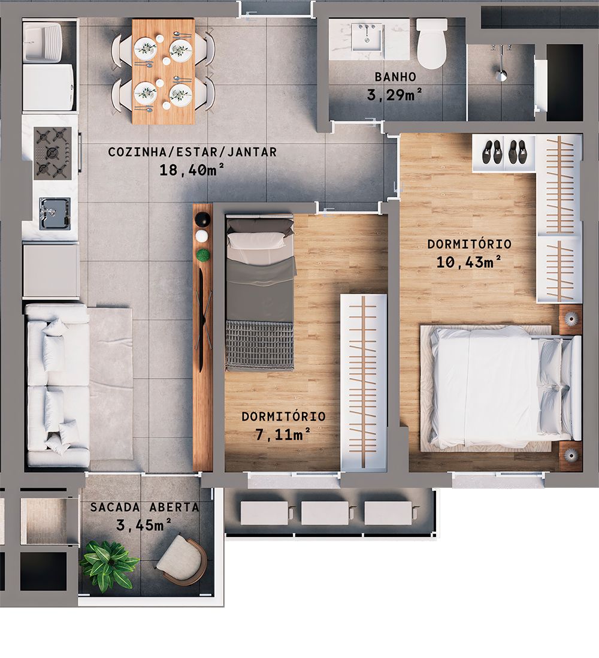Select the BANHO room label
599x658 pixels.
395,77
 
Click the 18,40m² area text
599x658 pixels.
192,170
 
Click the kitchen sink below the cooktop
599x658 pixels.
54,213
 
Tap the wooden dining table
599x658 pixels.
163,71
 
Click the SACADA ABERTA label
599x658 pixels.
144,507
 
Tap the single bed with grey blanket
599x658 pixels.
260,294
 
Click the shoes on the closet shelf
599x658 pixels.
504,153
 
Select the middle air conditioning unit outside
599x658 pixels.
324,513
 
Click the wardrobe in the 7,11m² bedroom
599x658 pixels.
363,381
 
